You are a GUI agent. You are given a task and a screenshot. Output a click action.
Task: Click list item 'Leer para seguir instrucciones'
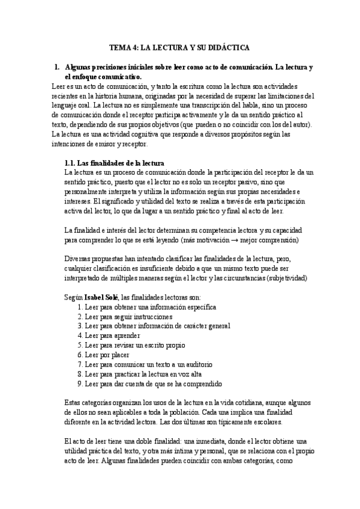point(129,316)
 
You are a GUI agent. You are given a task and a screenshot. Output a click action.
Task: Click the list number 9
point(80,384)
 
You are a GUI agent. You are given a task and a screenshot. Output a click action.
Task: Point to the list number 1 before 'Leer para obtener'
point(80,307)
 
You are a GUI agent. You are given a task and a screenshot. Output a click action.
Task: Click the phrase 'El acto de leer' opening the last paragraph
point(88,441)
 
